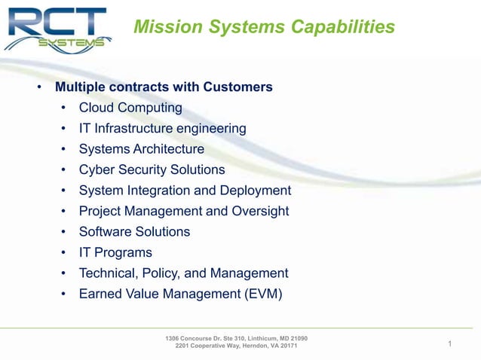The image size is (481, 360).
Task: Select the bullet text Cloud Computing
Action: (x=130, y=108)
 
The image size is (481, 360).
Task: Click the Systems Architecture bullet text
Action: (x=141, y=149)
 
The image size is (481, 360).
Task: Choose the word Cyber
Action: (x=97, y=169)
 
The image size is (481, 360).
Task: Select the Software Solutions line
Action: (x=134, y=231)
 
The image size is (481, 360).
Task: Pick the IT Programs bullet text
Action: (x=115, y=252)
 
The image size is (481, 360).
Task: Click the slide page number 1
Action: (x=449, y=345)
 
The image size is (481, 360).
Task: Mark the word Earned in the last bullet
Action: (x=101, y=294)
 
